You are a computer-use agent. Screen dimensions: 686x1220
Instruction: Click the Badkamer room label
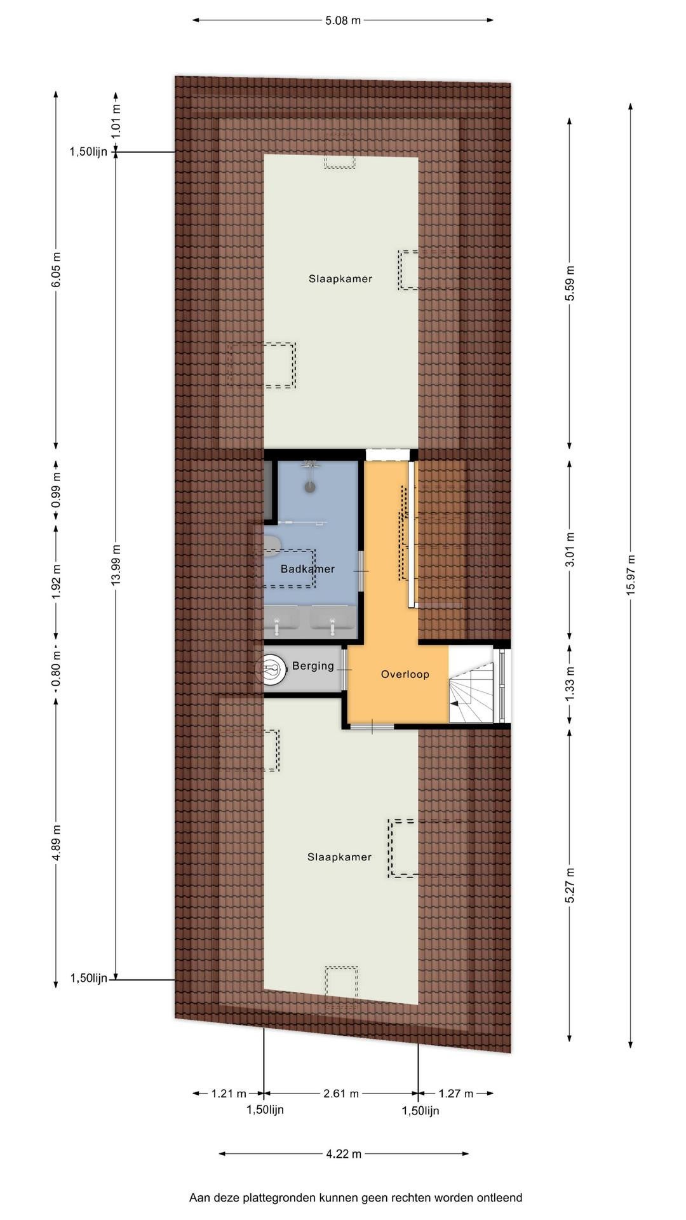click(x=307, y=569)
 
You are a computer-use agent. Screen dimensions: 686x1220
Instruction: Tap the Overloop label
click(x=405, y=674)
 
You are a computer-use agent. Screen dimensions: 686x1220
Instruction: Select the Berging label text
click(x=313, y=666)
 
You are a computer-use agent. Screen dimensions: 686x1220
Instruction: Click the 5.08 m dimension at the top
click(x=343, y=20)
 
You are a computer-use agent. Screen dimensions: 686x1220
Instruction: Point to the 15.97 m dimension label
click(x=630, y=575)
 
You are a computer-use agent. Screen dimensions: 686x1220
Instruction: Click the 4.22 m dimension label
click(x=344, y=1153)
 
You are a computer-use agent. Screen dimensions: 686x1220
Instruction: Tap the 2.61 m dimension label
click(x=341, y=1094)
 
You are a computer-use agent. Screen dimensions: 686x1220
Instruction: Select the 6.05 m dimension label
click(x=56, y=270)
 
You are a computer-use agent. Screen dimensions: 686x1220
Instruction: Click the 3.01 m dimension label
click(x=570, y=550)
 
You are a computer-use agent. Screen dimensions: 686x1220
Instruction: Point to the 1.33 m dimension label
click(x=570, y=686)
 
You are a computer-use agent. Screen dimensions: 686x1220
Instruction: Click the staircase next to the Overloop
click(x=471, y=684)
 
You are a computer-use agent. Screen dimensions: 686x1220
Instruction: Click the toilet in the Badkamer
click(x=272, y=544)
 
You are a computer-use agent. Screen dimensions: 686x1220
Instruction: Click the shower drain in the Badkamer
click(x=310, y=487)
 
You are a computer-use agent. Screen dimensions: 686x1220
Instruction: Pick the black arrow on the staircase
click(x=454, y=703)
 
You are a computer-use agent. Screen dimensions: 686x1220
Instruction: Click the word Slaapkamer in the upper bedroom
click(x=340, y=278)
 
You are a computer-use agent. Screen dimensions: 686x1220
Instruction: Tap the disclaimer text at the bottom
click(x=356, y=1198)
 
